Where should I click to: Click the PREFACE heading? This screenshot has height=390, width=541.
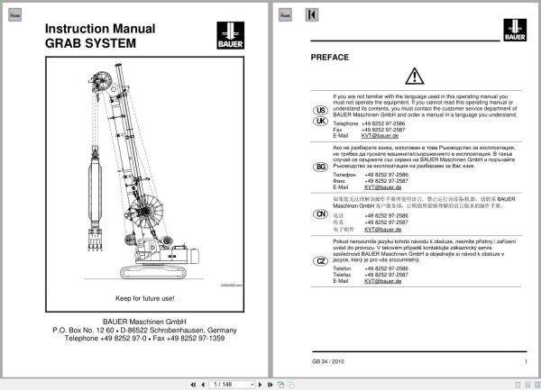329,57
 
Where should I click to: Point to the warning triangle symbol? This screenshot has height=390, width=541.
414,76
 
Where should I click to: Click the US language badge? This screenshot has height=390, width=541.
320,110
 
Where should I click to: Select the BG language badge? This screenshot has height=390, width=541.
320,167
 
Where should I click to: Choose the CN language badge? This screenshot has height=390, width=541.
320,213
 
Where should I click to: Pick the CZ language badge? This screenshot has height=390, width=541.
320,261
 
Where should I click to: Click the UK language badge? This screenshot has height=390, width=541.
320,121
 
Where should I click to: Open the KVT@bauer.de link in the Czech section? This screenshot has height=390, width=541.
382,282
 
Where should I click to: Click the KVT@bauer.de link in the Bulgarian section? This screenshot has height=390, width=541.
382,186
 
